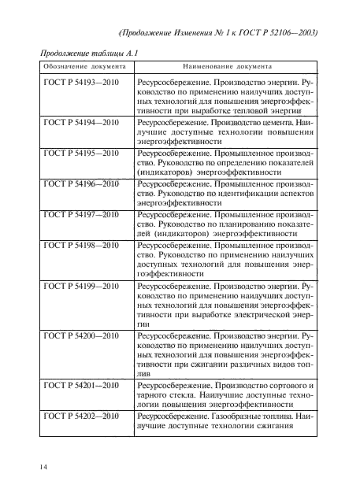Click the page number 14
41,468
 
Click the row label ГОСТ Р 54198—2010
80,244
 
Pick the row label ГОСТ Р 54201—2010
80,386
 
